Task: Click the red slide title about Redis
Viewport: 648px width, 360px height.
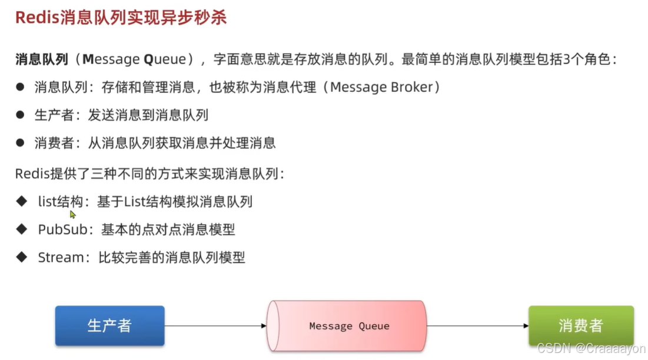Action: pos(121,18)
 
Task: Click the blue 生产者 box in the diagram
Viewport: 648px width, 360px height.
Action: pos(109,325)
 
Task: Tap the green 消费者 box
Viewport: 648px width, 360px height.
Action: pos(581,325)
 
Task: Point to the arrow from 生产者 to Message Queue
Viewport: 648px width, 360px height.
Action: pos(215,325)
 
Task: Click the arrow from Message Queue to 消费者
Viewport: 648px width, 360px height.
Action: pos(477,325)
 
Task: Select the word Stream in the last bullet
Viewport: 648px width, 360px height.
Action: pos(61,257)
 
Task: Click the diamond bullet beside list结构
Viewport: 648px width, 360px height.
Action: pos(22,201)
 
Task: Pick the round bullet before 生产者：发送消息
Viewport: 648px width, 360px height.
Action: pos(21,115)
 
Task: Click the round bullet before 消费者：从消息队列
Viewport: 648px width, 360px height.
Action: pos(21,142)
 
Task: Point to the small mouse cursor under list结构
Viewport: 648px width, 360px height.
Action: pos(73,215)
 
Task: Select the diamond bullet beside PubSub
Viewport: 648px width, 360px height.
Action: pos(22,229)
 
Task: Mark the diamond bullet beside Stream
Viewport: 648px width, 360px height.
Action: pos(22,256)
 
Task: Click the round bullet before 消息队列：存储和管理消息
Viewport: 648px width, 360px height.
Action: pos(21,87)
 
